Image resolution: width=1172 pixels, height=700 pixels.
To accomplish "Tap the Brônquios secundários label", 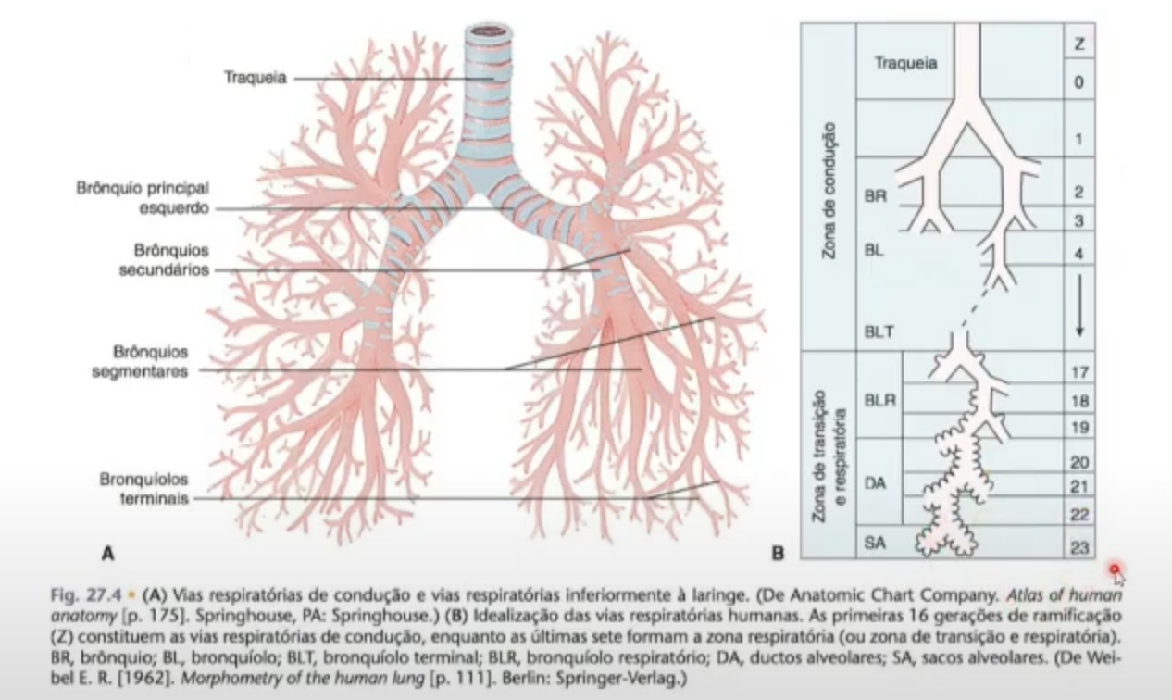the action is pyautogui.click(x=171, y=260).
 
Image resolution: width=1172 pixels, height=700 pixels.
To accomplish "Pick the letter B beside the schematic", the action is pyautogui.click(x=779, y=554).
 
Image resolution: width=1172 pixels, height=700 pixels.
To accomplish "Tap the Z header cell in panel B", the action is pyautogui.click(x=1078, y=44).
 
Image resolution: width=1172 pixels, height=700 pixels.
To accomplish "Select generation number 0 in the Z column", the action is pyautogui.click(x=1078, y=82).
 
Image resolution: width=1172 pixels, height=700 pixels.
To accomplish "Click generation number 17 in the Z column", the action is pyautogui.click(x=1078, y=372).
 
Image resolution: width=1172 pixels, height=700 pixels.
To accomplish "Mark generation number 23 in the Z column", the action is pyautogui.click(x=1078, y=547).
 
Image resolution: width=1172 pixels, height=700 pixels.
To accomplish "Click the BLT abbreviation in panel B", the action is pyautogui.click(x=879, y=332).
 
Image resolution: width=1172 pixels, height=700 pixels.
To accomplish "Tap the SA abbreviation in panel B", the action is pyautogui.click(x=875, y=544).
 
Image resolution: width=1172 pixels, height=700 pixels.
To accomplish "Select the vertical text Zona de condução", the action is pyautogui.click(x=830, y=190).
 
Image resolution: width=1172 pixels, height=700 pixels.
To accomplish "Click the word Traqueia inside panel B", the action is pyautogui.click(x=905, y=63).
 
